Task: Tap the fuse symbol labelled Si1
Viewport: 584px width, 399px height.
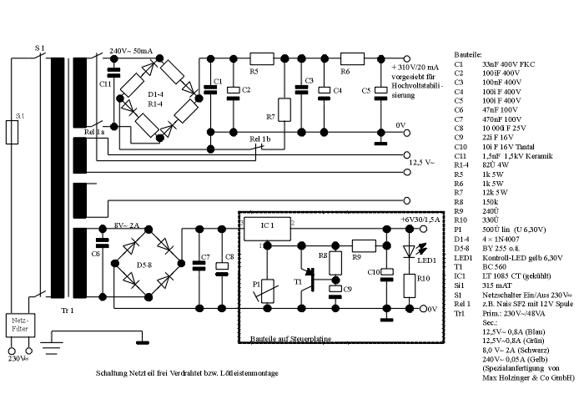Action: point(12,131)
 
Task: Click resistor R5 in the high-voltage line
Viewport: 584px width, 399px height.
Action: point(262,58)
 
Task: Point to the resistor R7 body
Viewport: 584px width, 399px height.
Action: point(285,109)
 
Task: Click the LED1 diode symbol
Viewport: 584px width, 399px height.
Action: point(408,252)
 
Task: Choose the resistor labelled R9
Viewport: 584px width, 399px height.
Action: point(364,245)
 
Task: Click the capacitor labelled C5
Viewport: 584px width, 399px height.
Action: point(380,92)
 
